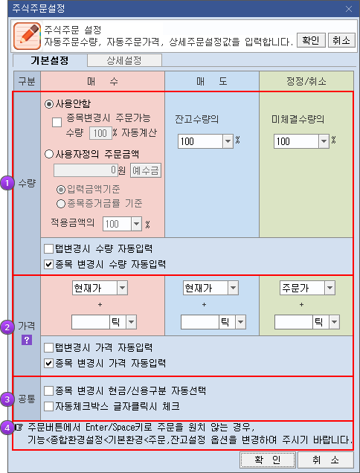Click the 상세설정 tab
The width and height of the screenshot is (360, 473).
coord(124,60)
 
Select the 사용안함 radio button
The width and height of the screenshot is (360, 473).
coord(49,104)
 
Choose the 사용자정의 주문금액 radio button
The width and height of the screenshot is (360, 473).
coord(49,155)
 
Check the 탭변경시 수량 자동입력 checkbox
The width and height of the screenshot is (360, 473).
coord(48,249)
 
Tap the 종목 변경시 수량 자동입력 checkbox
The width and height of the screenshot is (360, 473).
coord(48,265)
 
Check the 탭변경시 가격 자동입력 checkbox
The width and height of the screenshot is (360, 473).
coord(48,348)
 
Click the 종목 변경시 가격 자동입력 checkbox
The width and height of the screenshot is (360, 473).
coord(48,363)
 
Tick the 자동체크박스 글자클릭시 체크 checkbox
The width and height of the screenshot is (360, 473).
coord(48,407)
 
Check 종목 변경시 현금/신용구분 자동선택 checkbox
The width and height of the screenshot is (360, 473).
coord(48,391)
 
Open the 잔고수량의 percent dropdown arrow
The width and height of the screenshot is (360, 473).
coord(228,141)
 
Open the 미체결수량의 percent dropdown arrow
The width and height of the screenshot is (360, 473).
coord(324,141)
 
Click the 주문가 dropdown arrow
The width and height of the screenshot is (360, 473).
coord(330,288)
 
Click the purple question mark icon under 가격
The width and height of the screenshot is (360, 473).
coord(27,341)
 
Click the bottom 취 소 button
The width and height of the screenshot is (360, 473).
coord(325,460)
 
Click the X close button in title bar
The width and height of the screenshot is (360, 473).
coord(349,9)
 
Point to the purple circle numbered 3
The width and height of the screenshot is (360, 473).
coord(7,399)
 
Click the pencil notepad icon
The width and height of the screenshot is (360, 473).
coord(28,36)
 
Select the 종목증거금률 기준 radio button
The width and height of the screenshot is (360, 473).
coord(61,204)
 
